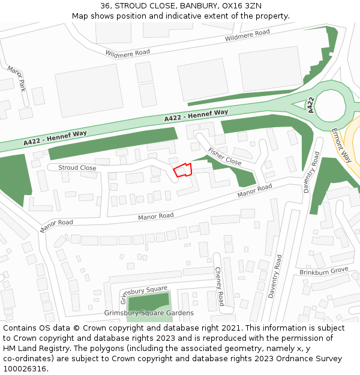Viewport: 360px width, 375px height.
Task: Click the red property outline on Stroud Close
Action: point(182,170)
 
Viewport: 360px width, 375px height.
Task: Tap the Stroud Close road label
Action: point(77,168)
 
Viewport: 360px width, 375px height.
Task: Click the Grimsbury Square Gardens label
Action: point(149,313)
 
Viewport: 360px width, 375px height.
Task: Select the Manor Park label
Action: point(16,79)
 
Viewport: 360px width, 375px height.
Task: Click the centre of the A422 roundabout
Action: point(331,107)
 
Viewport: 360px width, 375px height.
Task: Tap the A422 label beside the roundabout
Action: point(311,105)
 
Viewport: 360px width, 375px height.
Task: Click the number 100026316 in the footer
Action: point(23,369)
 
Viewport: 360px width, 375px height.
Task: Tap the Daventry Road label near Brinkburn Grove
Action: point(275,277)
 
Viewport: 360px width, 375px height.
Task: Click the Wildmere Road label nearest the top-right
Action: point(247,35)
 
